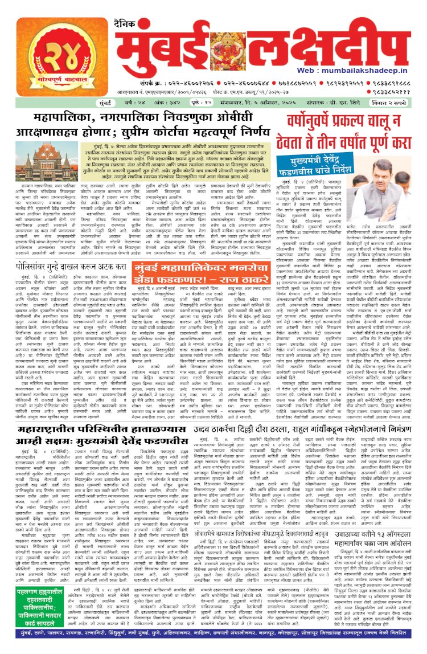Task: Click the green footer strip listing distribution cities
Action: (213, 647)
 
